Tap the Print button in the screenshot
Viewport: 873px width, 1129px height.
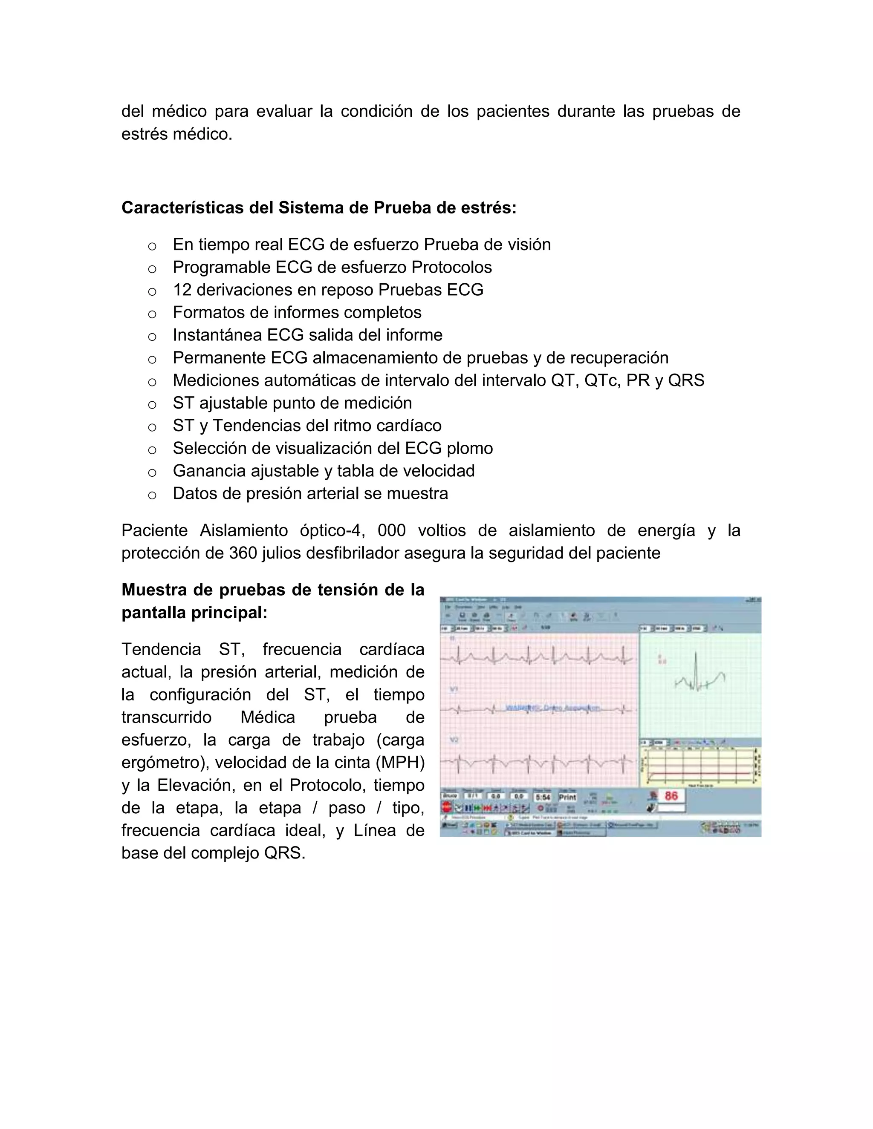click(567, 797)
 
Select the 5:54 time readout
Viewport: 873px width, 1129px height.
click(543, 797)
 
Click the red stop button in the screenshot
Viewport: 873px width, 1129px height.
click(446, 807)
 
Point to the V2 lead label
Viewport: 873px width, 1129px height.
click(454, 740)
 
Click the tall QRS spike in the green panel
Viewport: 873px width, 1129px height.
click(696, 667)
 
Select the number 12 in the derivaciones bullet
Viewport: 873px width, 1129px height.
click(182, 290)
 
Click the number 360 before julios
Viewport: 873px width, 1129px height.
click(243, 553)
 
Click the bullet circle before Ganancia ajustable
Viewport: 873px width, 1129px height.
click(152, 472)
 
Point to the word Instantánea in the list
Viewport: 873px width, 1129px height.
click(217, 335)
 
